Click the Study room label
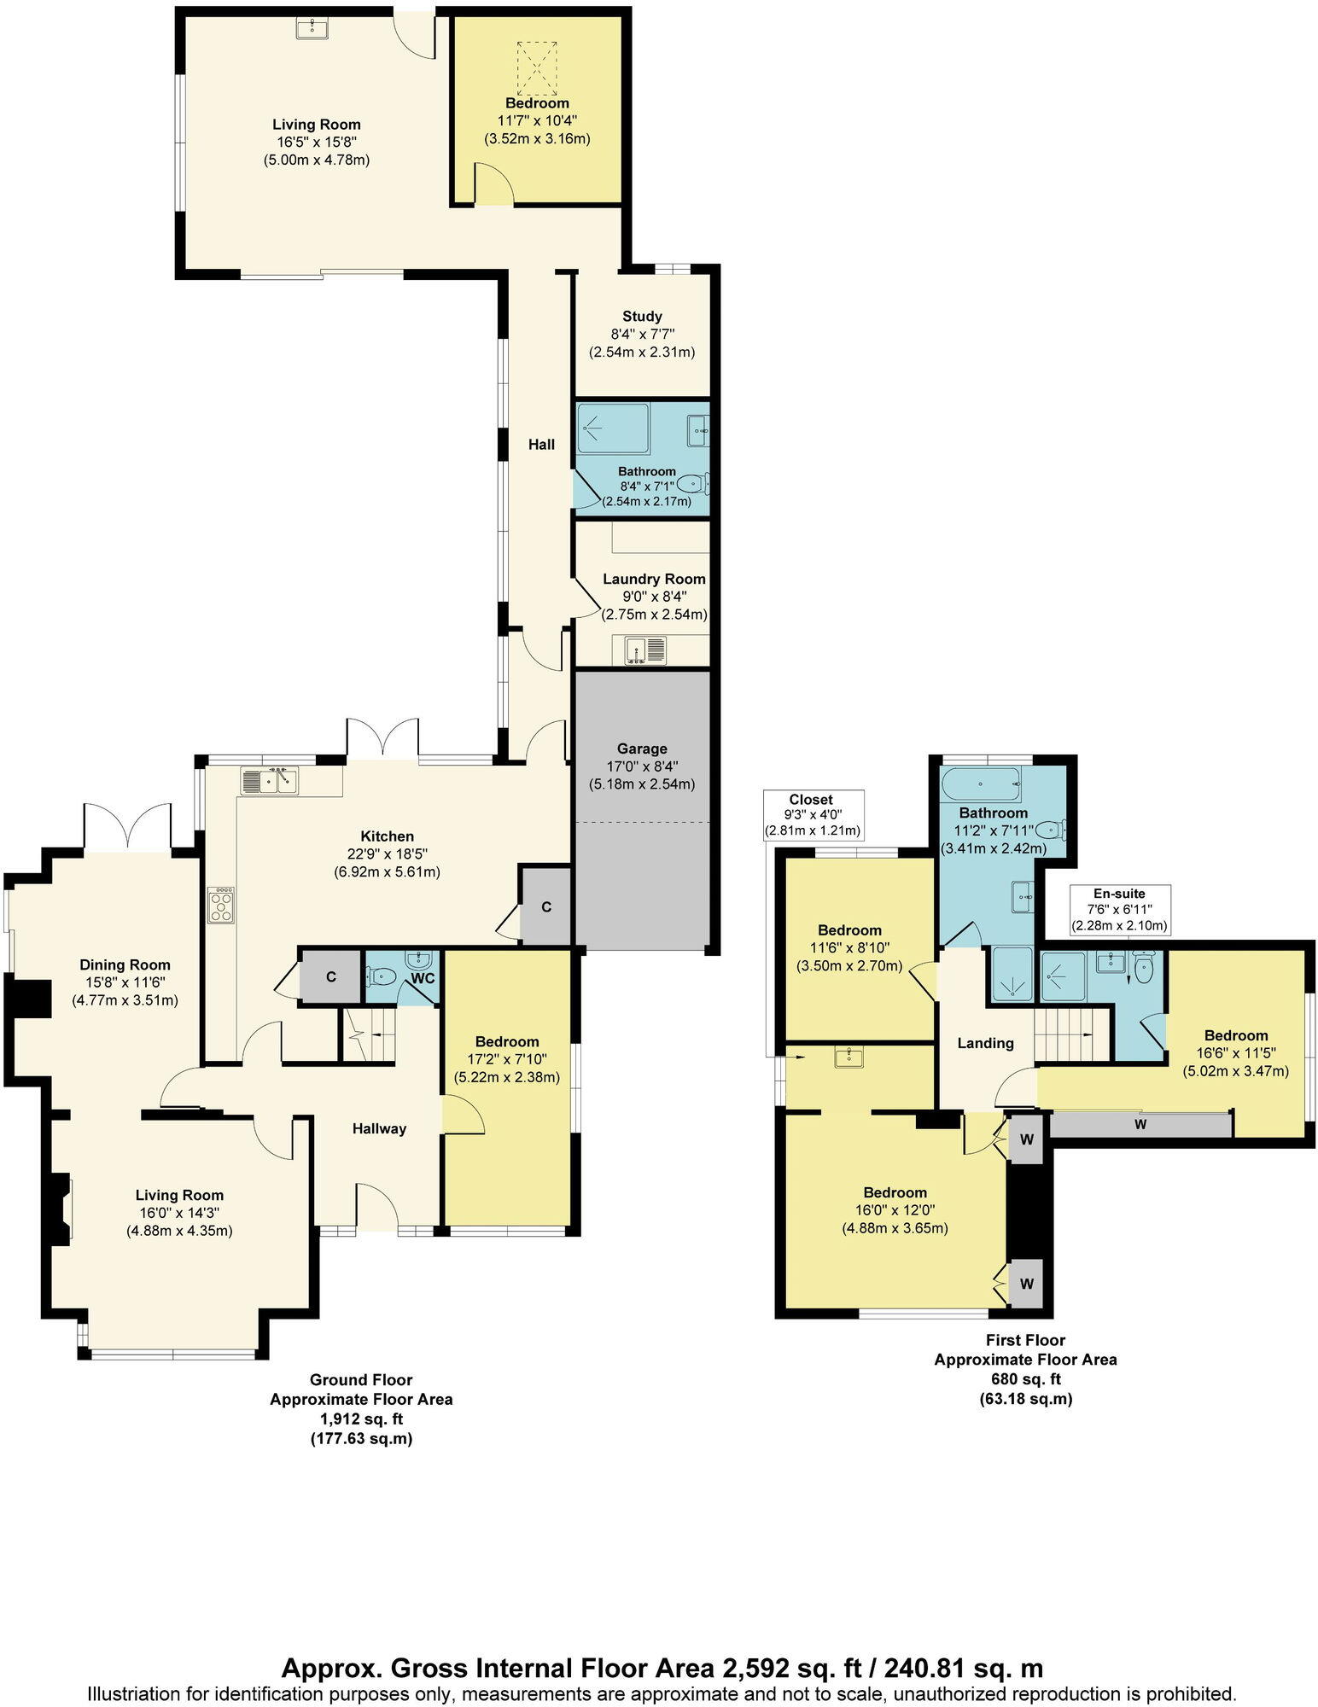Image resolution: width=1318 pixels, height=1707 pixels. pos(642,316)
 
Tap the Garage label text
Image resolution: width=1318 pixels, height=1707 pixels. pos(642,749)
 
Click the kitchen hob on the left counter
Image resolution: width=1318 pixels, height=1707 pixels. pos(221,906)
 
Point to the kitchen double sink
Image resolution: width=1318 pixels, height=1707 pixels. pos(269,780)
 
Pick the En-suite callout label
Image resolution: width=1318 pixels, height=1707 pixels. pos(1119,894)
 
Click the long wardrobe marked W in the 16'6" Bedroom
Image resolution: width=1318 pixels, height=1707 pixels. pos(1140,1124)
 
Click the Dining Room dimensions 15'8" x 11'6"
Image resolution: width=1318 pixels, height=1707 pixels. pos(125,982)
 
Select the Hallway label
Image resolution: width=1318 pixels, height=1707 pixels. pos(379,1128)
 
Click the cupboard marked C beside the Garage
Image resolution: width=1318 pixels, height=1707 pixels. pos(545,906)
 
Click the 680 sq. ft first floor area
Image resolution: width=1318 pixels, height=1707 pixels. pos(1025,1378)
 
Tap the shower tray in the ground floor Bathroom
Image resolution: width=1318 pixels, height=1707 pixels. pos(613,428)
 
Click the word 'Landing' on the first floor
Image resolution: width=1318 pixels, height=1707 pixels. pos(985,1042)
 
